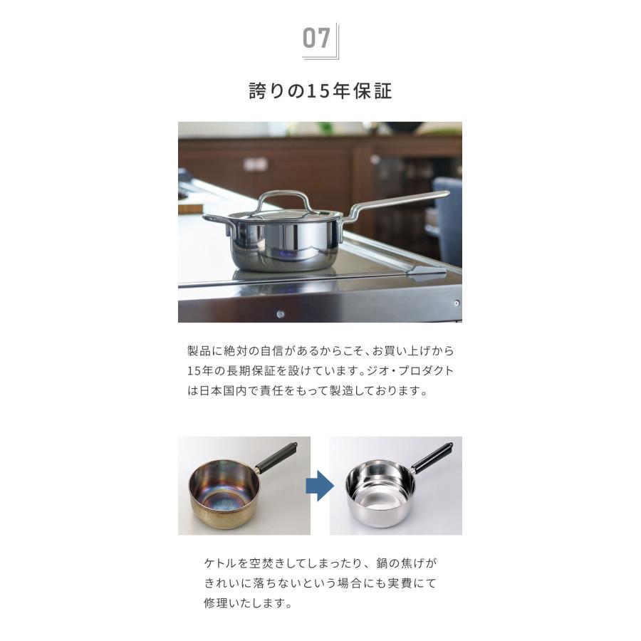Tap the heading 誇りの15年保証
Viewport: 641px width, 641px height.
[x=320, y=92]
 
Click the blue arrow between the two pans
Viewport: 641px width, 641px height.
[x=320, y=486]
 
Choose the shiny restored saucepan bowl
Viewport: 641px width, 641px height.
[x=380, y=491]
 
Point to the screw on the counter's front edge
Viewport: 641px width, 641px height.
[x=281, y=313]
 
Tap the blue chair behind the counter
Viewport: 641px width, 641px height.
[x=449, y=214]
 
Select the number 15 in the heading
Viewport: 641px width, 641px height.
[x=315, y=92]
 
